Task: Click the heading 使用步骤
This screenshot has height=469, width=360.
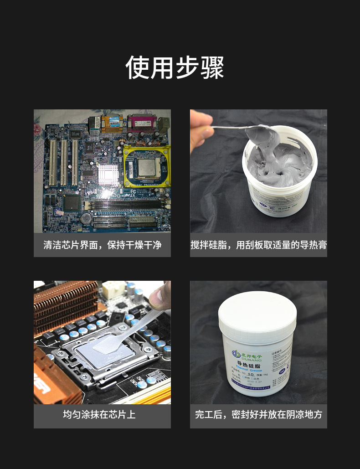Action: coord(175,67)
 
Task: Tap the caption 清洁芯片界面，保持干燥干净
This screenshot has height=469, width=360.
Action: coord(103,245)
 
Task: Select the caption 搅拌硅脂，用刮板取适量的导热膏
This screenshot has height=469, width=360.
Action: coord(258,245)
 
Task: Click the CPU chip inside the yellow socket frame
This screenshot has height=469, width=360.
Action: coord(146,168)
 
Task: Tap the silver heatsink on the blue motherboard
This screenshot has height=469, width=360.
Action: coord(108,174)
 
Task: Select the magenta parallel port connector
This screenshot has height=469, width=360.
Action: coord(142,123)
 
